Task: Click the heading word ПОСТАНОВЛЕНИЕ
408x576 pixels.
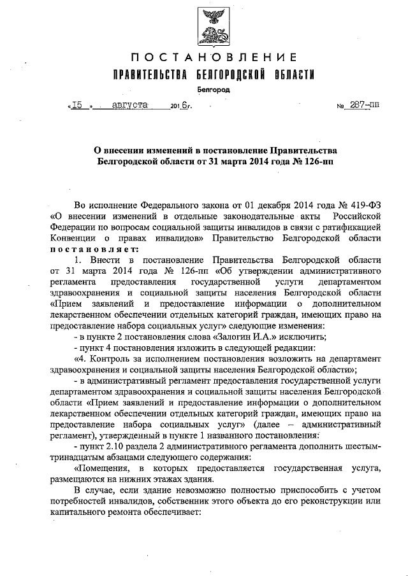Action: [x=214, y=58]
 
